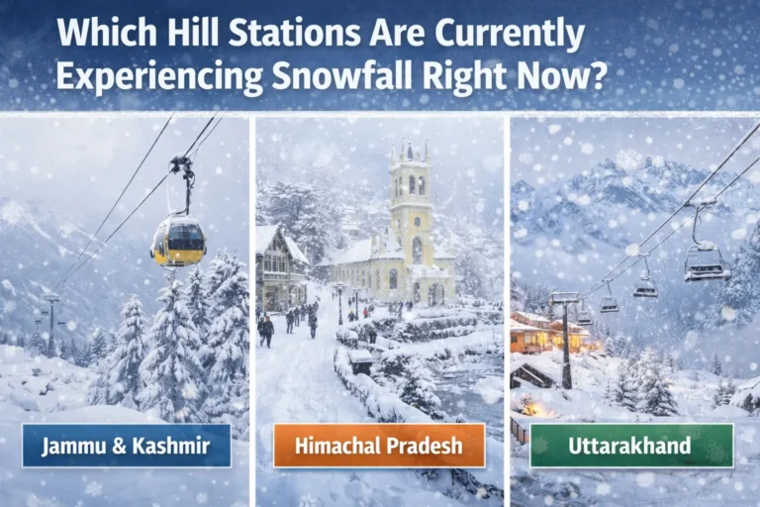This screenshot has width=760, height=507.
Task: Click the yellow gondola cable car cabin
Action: pos(178,241)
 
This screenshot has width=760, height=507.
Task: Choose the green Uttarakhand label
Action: pos(630,446)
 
